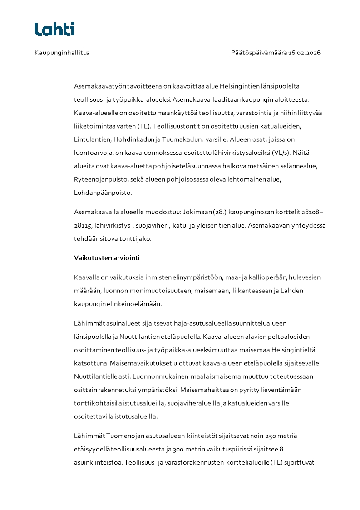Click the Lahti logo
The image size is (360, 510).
(x=54, y=29)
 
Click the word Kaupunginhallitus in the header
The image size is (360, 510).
(x=62, y=53)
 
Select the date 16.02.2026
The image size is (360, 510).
(x=304, y=53)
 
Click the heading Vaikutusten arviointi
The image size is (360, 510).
(x=107, y=258)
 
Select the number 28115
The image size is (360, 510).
(x=83, y=225)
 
